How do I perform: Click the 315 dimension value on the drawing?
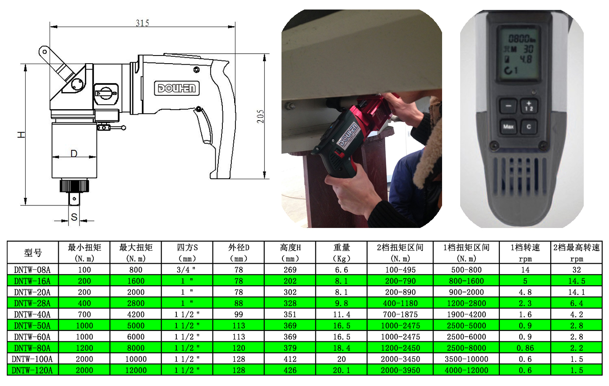[143, 23]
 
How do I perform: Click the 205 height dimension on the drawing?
[260, 116]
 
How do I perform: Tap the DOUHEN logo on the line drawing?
[177, 88]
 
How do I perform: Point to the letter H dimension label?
[21, 135]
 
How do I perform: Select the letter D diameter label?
[74, 153]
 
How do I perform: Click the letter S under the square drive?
[74, 217]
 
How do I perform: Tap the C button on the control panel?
[529, 126]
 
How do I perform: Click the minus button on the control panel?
[508, 106]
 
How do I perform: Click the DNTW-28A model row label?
[32, 303]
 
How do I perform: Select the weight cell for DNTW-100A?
[341, 359]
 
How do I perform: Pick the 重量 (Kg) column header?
[341, 252]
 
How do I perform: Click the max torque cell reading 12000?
[136, 370]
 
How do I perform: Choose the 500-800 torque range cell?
[466, 270]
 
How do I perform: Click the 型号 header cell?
[33, 253]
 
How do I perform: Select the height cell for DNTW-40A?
[290, 315]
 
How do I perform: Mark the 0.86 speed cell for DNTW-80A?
[525, 348]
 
